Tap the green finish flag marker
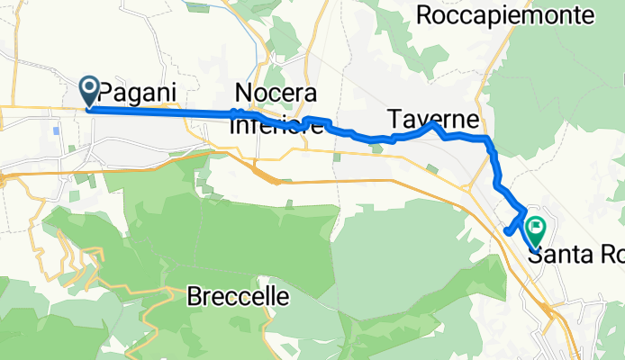coord(536,231)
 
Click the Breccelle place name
coord(239,296)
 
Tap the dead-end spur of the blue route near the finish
coord(509,230)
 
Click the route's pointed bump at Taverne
coord(435,125)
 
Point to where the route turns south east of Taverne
coord(488,140)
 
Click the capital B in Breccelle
coord(195,296)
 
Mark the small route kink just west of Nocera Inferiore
coord(234,112)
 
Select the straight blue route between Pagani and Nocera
coord(162,111)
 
